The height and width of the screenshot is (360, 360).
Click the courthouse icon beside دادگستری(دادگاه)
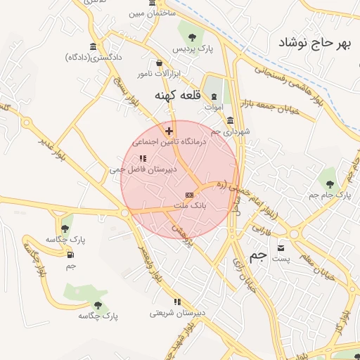pos(74,56)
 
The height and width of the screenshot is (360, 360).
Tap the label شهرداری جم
pos(226,131)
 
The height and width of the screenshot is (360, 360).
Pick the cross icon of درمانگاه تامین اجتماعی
pos(169,130)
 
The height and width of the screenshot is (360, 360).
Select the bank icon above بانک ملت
pos(188,194)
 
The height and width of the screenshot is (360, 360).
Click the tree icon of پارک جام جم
pos(330,184)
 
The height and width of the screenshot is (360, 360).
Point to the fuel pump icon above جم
pos(70,254)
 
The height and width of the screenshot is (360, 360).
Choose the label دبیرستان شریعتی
pos(179,312)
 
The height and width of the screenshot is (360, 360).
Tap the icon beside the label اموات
pos(214,96)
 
